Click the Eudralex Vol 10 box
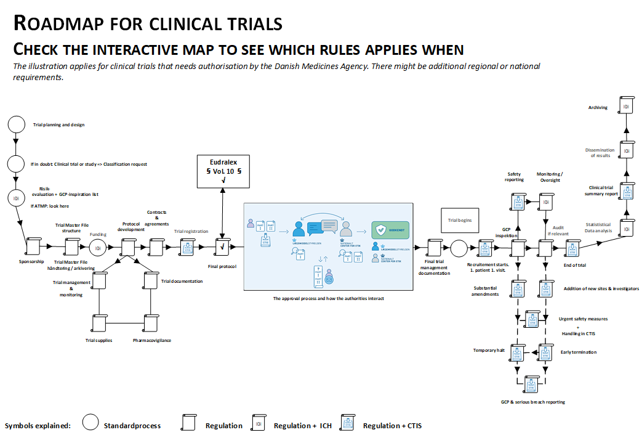[223, 171]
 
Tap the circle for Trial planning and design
[16, 124]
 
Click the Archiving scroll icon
[625, 107]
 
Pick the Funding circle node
[97, 248]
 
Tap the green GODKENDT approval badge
[390, 230]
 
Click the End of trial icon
[574, 248]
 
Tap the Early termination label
[578, 352]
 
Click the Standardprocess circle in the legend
[90, 423]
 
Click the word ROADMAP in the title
[55, 23]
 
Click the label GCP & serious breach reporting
[532, 402]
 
